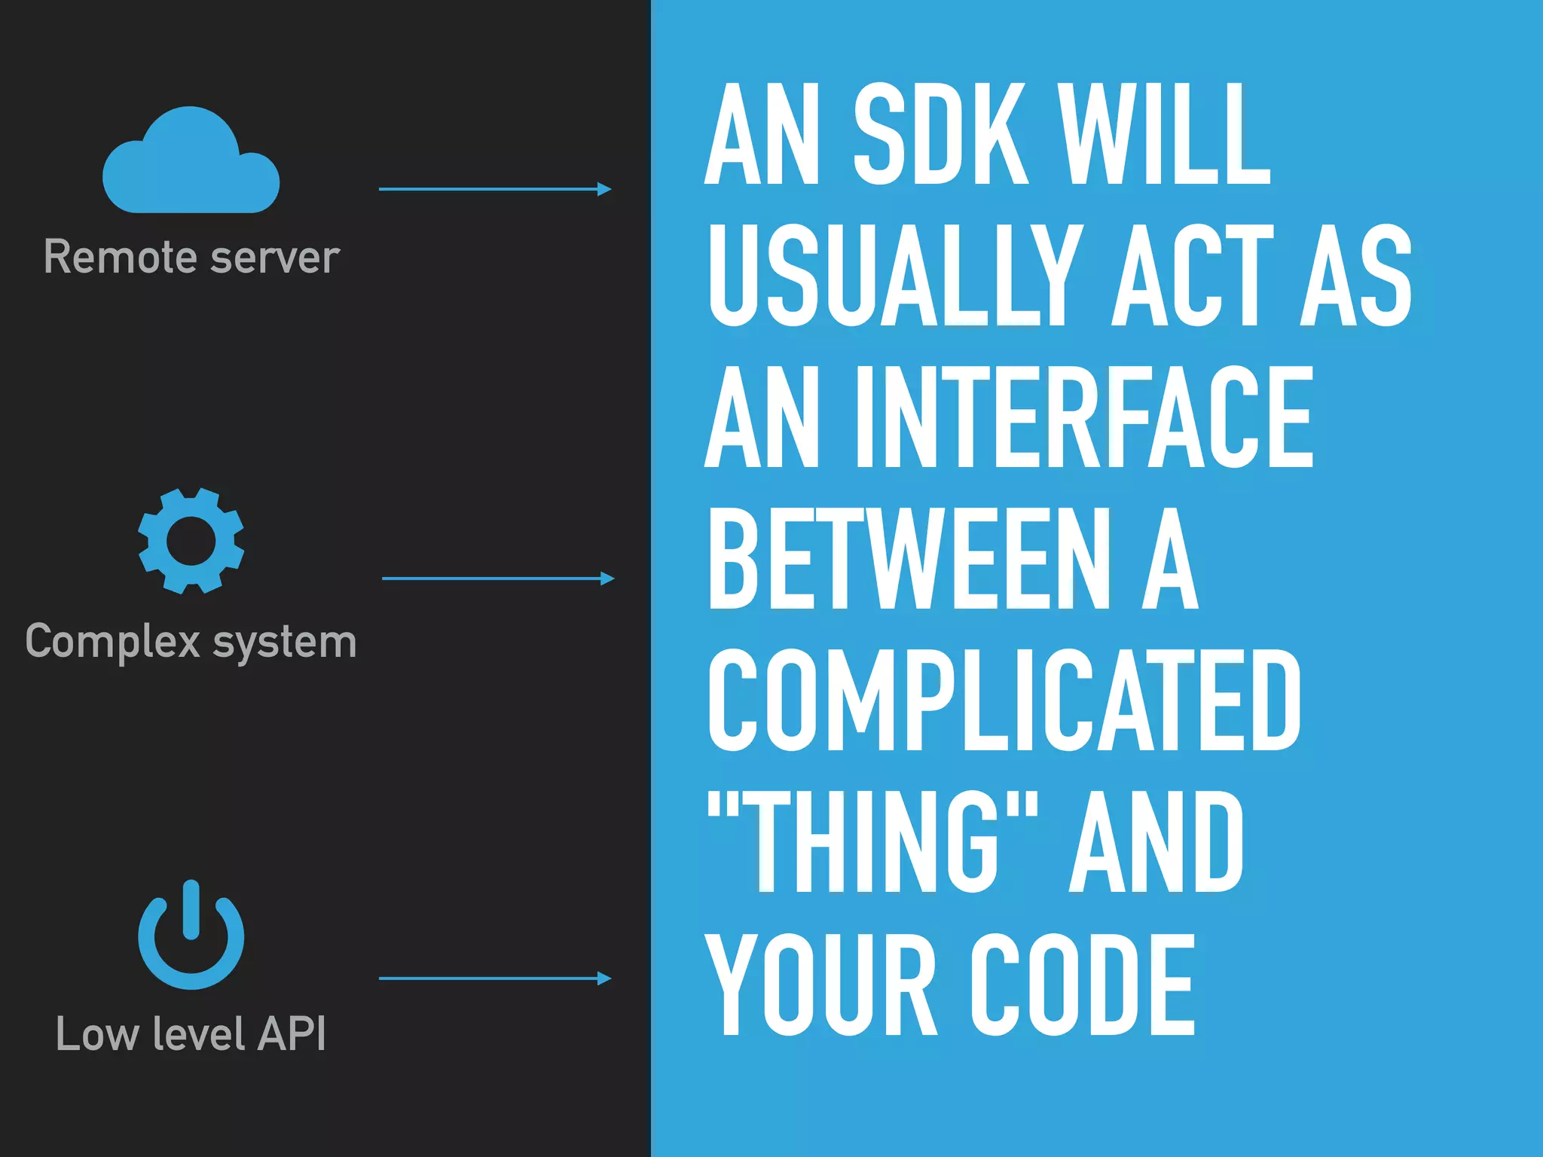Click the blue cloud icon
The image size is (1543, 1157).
(191, 162)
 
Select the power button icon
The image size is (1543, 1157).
(191, 936)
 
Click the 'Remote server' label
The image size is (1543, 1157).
(191, 257)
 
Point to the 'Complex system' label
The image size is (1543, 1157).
(191, 642)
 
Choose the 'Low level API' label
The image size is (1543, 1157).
(191, 1033)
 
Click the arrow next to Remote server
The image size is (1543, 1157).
(494, 189)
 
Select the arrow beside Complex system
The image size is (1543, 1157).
(497, 578)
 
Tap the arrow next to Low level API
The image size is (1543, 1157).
(494, 978)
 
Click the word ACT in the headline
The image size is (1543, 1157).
(1192, 276)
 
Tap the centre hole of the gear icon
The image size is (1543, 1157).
(191, 541)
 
